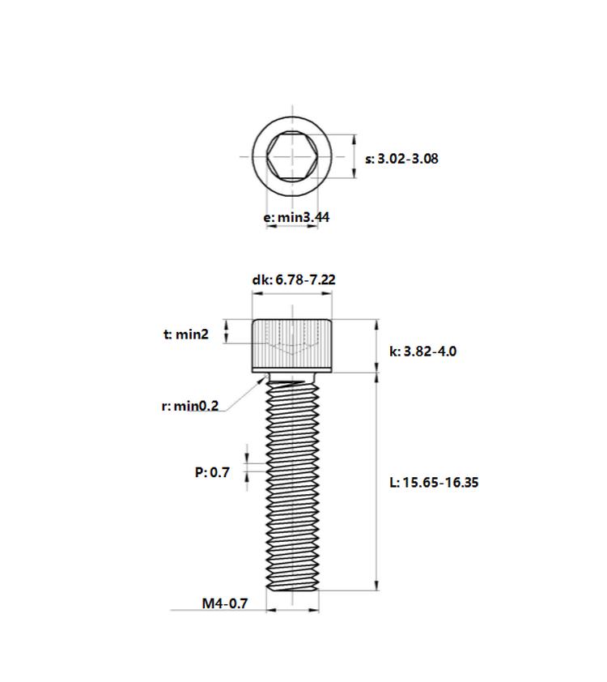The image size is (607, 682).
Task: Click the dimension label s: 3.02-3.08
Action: (x=401, y=158)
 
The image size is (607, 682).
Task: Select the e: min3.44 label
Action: (x=296, y=216)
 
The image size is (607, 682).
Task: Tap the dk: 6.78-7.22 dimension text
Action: (x=294, y=279)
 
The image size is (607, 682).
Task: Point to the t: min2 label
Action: (x=186, y=334)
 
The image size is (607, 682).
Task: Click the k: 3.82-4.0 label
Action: (x=422, y=351)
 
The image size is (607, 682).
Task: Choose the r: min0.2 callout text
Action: (x=190, y=406)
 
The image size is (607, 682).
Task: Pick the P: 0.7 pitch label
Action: (x=212, y=472)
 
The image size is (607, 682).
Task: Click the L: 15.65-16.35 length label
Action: (x=434, y=482)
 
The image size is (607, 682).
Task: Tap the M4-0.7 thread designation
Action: (x=225, y=603)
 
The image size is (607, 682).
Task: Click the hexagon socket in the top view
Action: (x=292, y=156)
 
